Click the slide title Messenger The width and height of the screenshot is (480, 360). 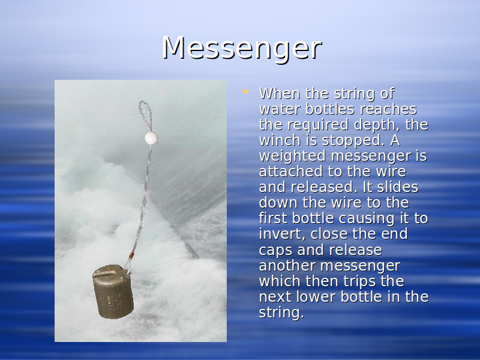242,49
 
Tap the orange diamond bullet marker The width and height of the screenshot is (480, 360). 245,91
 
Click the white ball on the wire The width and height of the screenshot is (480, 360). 151,138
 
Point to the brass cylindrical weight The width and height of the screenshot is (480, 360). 113,292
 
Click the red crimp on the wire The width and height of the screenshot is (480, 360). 131,256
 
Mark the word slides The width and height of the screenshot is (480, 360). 398,187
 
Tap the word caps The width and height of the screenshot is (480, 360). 276,250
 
